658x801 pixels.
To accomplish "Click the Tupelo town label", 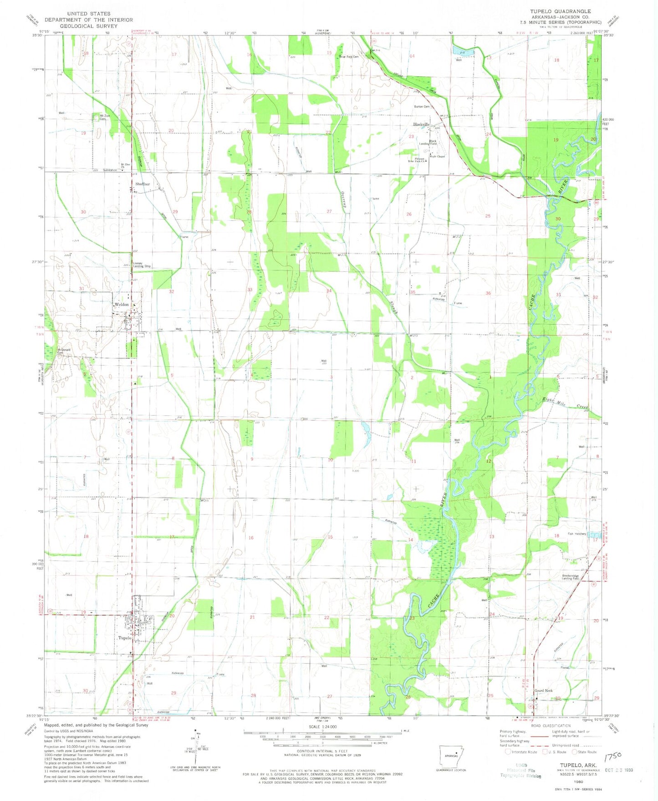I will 124,638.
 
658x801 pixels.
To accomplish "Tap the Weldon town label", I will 122,304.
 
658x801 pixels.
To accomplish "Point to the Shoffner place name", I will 142,184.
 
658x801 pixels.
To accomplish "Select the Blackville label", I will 421,124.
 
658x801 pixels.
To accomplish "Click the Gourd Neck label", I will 543,691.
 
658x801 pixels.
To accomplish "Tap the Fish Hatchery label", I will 576,534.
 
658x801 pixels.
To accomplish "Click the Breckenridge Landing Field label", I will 570,577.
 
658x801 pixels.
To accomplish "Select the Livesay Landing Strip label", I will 141,265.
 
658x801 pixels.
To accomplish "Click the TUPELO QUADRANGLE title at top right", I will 560,11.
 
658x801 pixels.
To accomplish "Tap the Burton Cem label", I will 421,107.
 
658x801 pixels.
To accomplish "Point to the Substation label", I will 110,170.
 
